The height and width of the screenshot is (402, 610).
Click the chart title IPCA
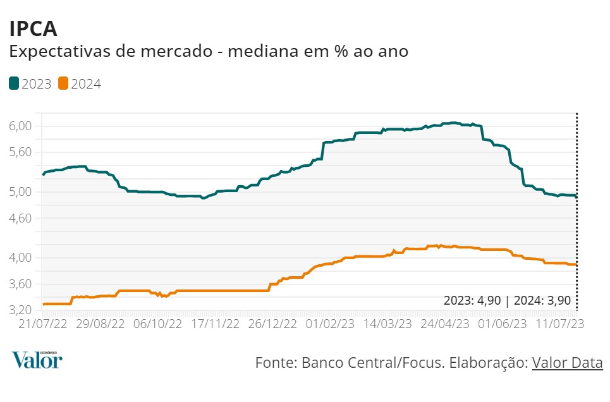coord(33,28)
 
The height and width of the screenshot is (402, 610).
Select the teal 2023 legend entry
coord(30,84)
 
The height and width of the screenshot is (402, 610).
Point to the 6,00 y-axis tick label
coord(21,126)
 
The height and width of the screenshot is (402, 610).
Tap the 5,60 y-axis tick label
coord(21,152)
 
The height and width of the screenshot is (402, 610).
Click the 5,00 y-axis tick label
coord(21,192)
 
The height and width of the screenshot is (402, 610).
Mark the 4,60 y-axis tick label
coord(21,218)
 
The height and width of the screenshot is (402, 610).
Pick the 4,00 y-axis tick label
coord(21,257)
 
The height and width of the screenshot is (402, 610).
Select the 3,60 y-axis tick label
coord(21,284)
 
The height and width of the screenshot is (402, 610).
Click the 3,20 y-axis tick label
coord(21,310)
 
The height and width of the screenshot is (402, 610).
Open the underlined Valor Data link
coord(567,363)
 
